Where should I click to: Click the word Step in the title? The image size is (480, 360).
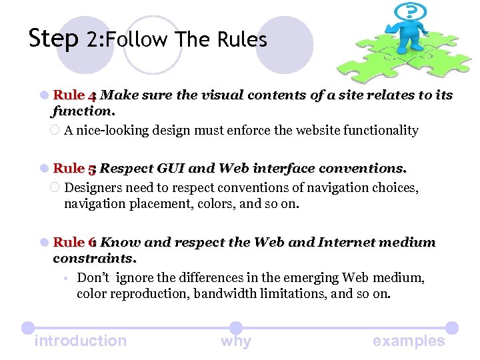tap(53, 39)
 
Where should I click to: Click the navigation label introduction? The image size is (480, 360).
tap(80, 341)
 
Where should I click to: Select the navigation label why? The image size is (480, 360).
tap(236, 341)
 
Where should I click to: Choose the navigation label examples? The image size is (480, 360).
tap(409, 341)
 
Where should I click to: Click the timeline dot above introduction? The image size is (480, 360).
tap(27, 328)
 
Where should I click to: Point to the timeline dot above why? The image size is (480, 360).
tap(236, 328)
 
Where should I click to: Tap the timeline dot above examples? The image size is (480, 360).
tap(451, 328)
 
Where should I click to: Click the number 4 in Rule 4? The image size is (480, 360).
tap(93, 95)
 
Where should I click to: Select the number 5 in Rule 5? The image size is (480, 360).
tap(93, 169)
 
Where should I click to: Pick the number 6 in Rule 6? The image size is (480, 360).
tap(93, 242)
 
